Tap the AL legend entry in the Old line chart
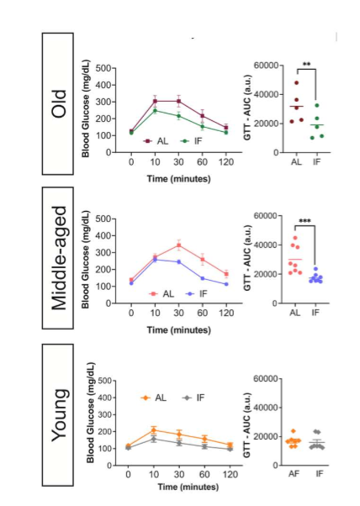tap(156, 141)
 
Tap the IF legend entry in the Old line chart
tap(190, 141)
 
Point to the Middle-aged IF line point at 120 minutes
tap(226, 284)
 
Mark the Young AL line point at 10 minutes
tap(152, 430)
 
